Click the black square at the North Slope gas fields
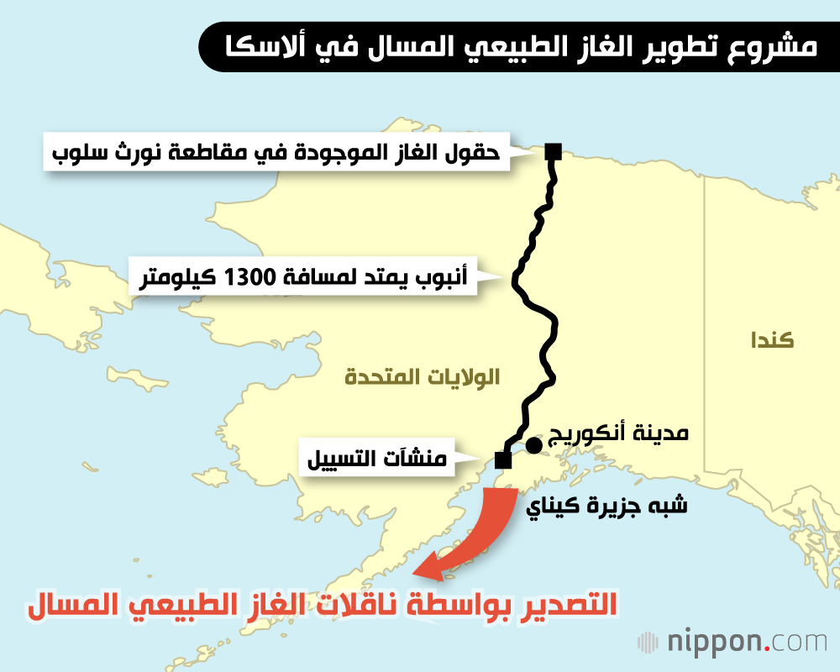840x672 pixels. click(553, 151)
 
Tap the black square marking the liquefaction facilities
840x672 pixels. click(502, 459)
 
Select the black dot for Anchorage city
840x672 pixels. click(533, 444)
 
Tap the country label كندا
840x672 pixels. click(772, 340)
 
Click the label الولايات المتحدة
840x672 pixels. click(422, 377)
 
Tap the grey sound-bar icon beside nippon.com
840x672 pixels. click(648, 643)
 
